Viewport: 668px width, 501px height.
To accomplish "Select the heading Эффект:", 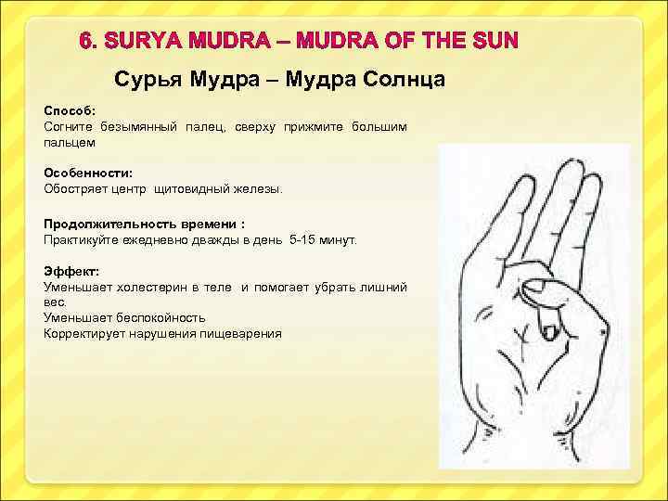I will pyautogui.click(x=68, y=273).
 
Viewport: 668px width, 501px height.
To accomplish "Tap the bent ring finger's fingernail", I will pyautogui.click(x=547, y=328).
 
